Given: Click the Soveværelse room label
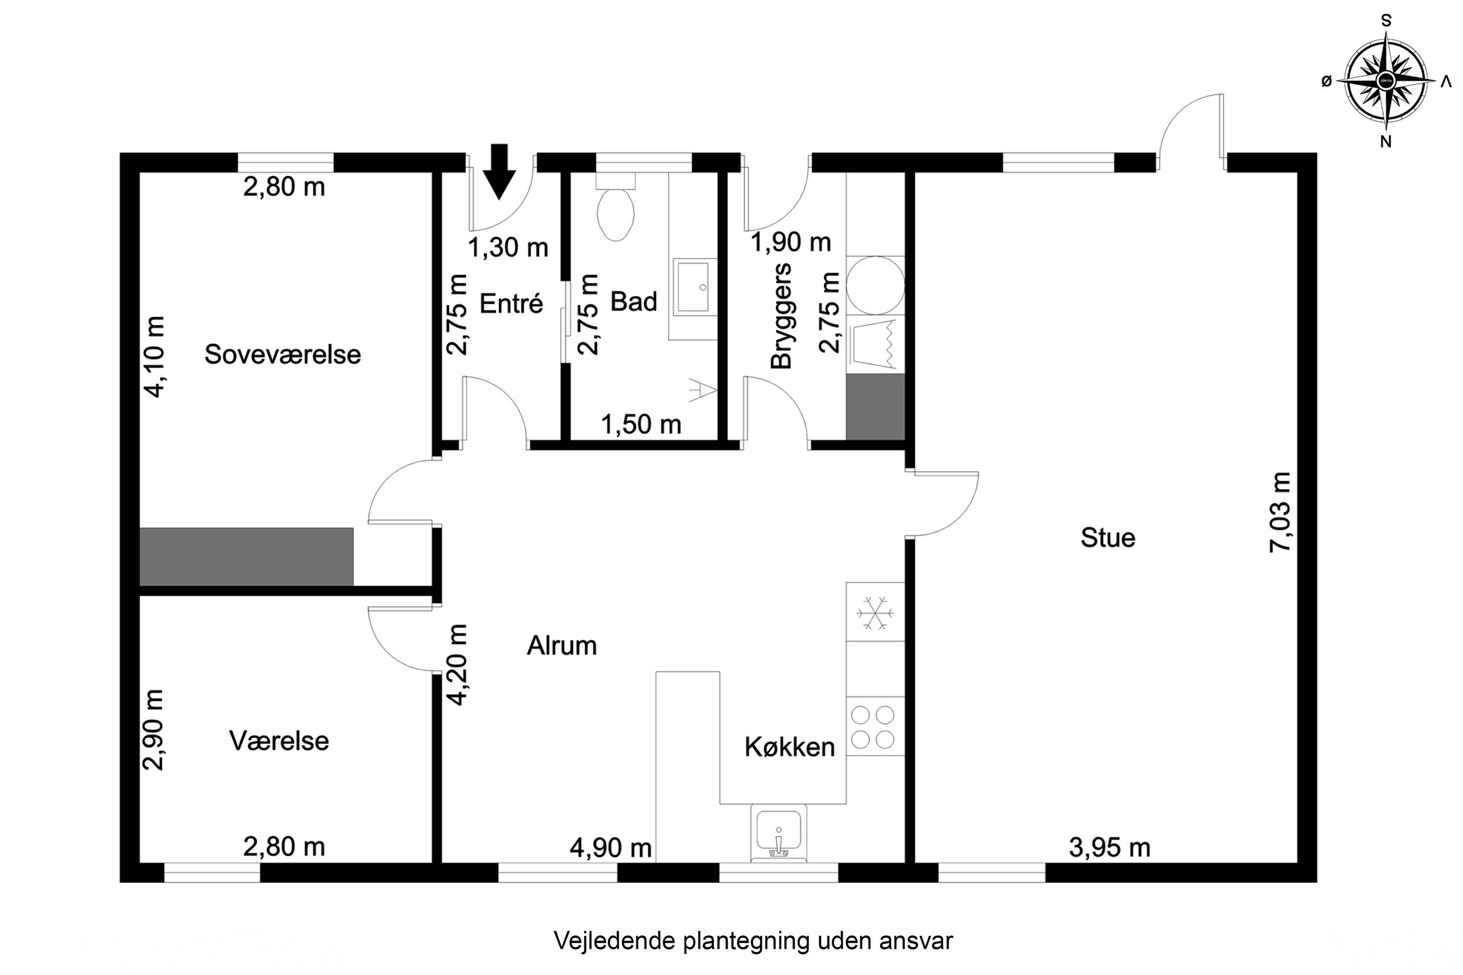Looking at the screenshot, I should [x=282, y=354].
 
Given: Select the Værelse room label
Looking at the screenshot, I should [x=278, y=741].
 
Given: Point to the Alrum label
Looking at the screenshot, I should [x=562, y=646].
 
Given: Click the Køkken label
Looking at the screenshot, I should [x=790, y=747].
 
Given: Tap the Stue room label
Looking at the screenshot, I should [x=1108, y=538].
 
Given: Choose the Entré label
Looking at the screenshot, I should [x=511, y=303].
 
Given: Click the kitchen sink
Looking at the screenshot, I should [x=778, y=833].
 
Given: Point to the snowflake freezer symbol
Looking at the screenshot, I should [x=874, y=613].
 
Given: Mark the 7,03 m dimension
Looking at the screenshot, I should [x=1281, y=512].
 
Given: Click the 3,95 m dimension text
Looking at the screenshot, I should [x=1110, y=848].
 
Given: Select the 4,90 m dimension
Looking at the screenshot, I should [x=610, y=848].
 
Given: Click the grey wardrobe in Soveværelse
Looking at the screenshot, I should [x=246, y=557].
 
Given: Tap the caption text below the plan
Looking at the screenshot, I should [x=752, y=941].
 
